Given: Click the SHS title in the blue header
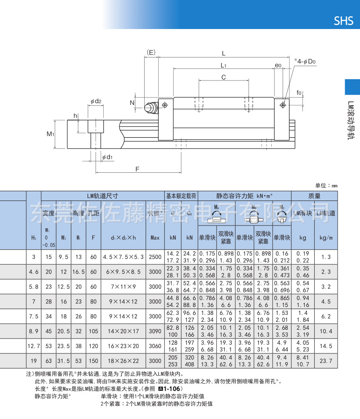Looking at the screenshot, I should pos(343,21).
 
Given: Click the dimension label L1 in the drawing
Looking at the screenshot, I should pos(223,66).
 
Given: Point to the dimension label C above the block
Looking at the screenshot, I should pos(223,77).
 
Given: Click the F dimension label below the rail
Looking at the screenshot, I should pos(137,169).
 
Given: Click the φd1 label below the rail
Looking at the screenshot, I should pos(107,157).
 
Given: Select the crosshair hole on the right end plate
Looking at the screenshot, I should pos(282,105).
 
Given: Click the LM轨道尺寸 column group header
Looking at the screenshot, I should pos(102,196).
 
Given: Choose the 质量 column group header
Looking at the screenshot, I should pos(314,196).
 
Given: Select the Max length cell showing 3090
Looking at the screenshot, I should pos(155,331).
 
